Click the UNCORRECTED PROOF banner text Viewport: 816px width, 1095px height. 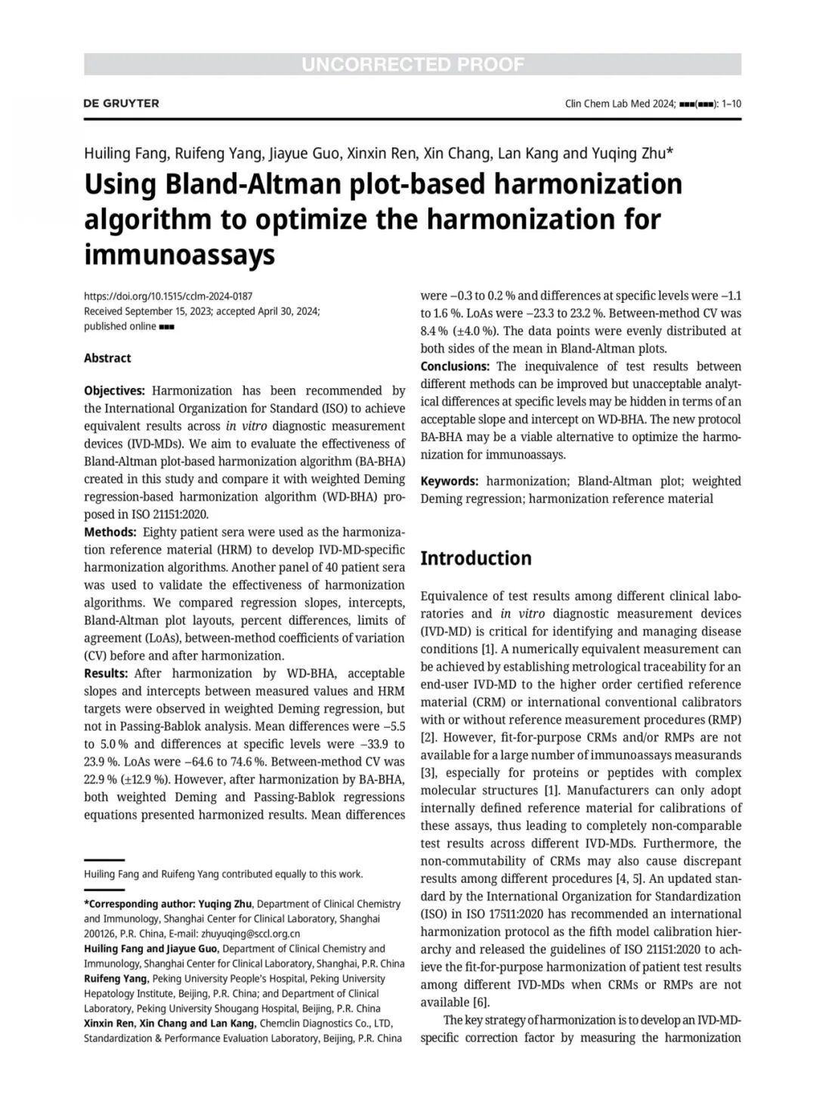pos(413,64)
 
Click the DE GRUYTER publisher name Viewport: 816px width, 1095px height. pos(121,103)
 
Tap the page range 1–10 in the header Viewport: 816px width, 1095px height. pos(731,104)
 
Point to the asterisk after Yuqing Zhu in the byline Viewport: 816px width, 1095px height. pos(669,151)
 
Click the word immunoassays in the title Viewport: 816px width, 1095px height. pos(179,254)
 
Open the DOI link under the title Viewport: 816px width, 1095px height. pos(168,296)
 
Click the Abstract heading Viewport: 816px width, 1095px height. pos(107,358)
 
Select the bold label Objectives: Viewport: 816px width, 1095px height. pos(114,390)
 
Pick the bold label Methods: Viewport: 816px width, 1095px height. pos(110,532)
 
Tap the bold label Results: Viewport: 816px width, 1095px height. pos(106,673)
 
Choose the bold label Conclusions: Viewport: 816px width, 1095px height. pos(455,366)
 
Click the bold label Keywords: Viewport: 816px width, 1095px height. pos(449,481)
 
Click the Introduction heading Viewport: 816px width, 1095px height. pos(475,558)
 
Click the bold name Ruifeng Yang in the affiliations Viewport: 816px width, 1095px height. pos(116,978)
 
